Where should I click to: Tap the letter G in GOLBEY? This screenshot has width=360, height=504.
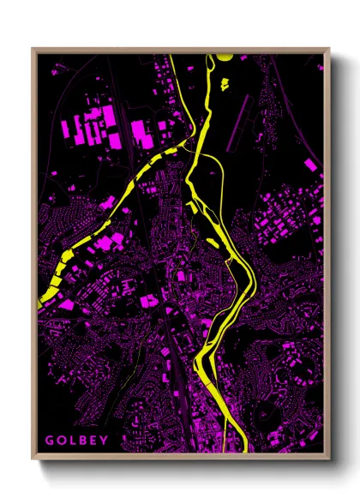(x=50, y=441)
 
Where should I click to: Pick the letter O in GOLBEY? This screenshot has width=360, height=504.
(x=60, y=441)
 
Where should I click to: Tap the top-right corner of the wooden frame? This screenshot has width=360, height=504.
(x=328, y=49)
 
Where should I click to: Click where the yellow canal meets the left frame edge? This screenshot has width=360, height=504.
(x=40, y=298)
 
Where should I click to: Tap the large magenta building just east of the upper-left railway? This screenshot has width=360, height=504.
(x=140, y=132)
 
